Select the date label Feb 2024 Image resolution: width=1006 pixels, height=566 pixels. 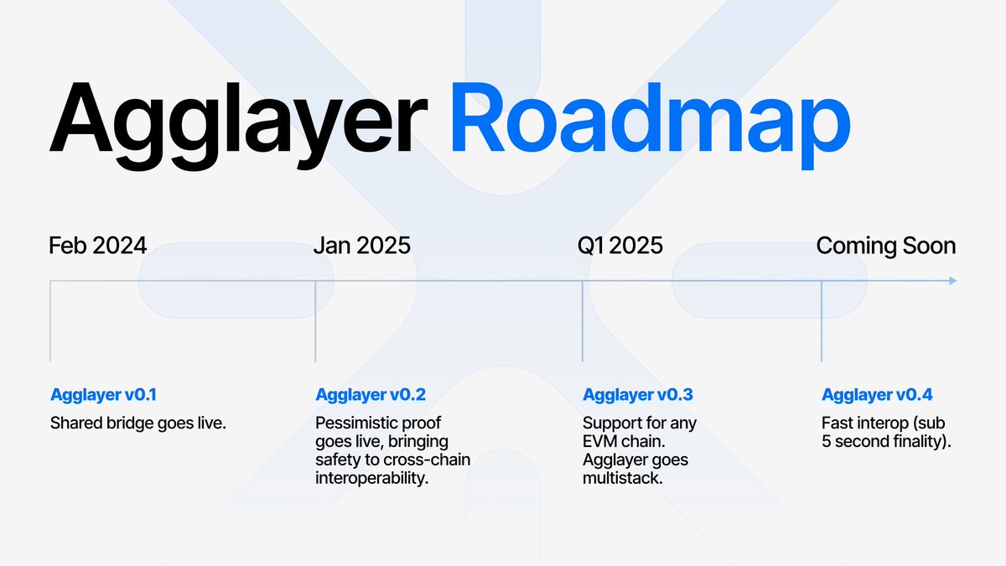[x=97, y=246]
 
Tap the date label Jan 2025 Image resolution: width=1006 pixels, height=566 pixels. [x=362, y=246]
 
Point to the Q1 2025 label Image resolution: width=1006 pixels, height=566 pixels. [x=620, y=246]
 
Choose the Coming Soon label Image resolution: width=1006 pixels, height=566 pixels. [x=886, y=246]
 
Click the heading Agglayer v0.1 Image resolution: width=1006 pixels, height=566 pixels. [x=104, y=395]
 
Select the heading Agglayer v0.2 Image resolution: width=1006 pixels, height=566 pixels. [x=371, y=395]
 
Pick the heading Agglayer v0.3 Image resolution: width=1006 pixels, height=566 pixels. [x=638, y=395]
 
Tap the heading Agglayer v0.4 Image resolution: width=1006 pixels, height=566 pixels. [x=877, y=395]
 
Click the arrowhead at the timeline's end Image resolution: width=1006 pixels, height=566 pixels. [x=952, y=281]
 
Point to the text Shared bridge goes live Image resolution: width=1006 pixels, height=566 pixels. [x=138, y=423]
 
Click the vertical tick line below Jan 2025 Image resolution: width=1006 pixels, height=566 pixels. [x=315, y=323]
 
